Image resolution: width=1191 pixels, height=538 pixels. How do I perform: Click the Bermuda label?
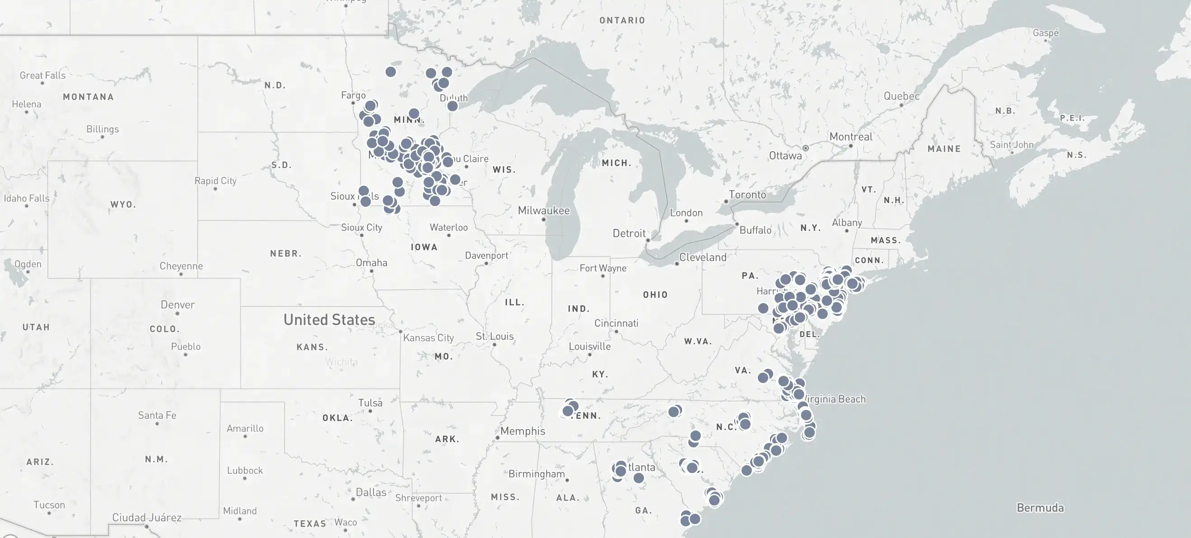coord(1040,507)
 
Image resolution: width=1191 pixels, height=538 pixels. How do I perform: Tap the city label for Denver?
coord(177,304)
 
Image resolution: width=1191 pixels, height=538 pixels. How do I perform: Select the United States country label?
coord(329,319)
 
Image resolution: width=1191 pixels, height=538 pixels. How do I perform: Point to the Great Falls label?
coord(42,75)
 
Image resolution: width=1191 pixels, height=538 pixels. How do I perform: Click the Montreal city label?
coord(851,136)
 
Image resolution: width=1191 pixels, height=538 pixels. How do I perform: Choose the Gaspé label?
coord(1046,33)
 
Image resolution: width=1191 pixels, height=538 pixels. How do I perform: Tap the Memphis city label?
coord(523,430)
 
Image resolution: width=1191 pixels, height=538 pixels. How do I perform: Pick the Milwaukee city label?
coord(543,211)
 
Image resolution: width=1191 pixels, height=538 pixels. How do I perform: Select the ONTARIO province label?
coord(622,20)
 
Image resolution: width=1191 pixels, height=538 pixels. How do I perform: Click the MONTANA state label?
coord(89,97)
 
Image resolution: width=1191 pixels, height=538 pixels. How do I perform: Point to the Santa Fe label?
coord(157,415)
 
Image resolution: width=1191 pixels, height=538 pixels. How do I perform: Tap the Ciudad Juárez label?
coord(147,517)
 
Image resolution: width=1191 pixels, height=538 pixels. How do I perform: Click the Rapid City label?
coord(215,180)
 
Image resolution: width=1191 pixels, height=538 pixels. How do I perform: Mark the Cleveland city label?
coord(702,257)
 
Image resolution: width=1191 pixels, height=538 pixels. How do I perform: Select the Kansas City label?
coord(428,338)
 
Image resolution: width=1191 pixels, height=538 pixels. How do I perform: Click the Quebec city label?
coord(901,96)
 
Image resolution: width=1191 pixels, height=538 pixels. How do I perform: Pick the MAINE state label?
coord(943,149)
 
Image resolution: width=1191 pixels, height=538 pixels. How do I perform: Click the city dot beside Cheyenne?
coord(181,274)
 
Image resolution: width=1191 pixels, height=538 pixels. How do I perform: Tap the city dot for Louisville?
coord(589,355)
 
